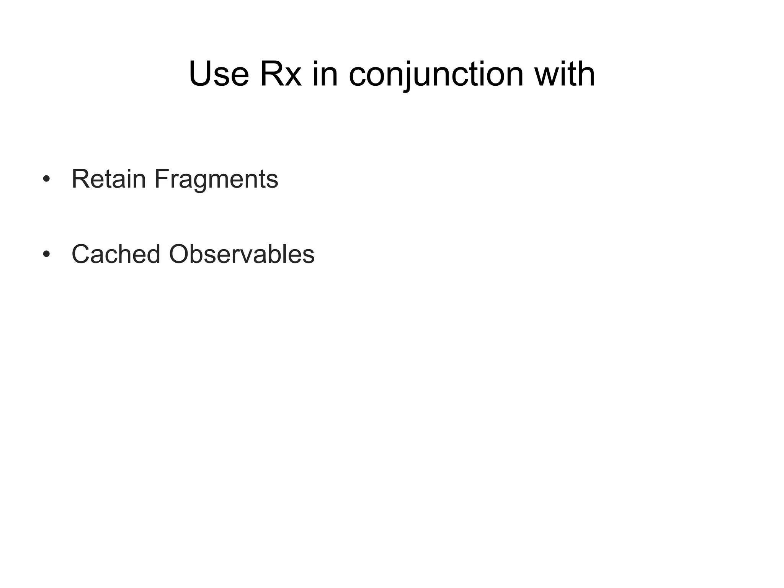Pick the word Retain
coord(109,179)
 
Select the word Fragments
coord(216,179)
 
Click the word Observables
coord(242,254)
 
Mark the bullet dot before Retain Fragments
coord(46,179)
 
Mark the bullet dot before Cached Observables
coord(46,254)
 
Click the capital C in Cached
coord(82,254)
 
